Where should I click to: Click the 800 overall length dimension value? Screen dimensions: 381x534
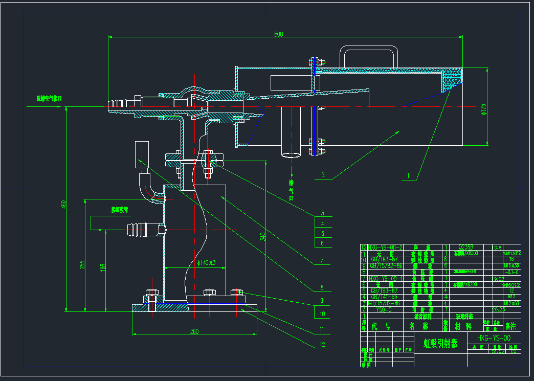point(278,34)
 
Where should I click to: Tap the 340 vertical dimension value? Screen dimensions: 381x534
point(263,237)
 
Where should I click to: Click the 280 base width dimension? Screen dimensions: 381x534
point(194,331)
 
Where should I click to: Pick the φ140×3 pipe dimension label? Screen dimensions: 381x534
point(207,263)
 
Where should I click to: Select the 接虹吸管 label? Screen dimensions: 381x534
point(120,210)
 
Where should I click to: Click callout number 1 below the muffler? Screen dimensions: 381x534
point(408,175)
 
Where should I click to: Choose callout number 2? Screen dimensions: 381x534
point(323,174)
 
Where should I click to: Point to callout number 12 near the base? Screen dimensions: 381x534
point(322,344)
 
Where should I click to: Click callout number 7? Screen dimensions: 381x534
point(322,260)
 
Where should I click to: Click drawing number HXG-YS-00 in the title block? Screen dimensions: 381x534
point(493,338)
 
